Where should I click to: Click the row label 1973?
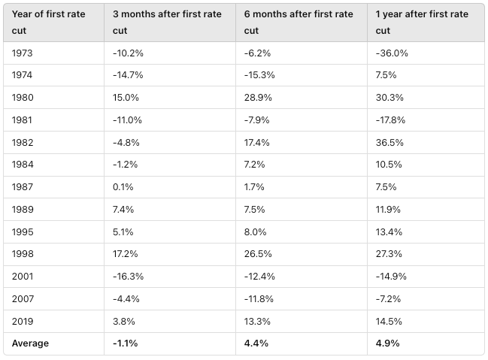[23, 54]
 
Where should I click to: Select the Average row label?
[30, 343]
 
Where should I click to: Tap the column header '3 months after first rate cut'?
[167, 23]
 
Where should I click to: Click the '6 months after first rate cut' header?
[299, 23]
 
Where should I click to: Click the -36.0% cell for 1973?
[391, 54]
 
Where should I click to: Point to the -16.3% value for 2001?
[128, 276]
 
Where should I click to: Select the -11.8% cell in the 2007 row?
[259, 298]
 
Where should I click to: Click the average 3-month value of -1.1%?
[125, 343]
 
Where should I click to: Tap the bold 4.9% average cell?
[387, 343]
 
